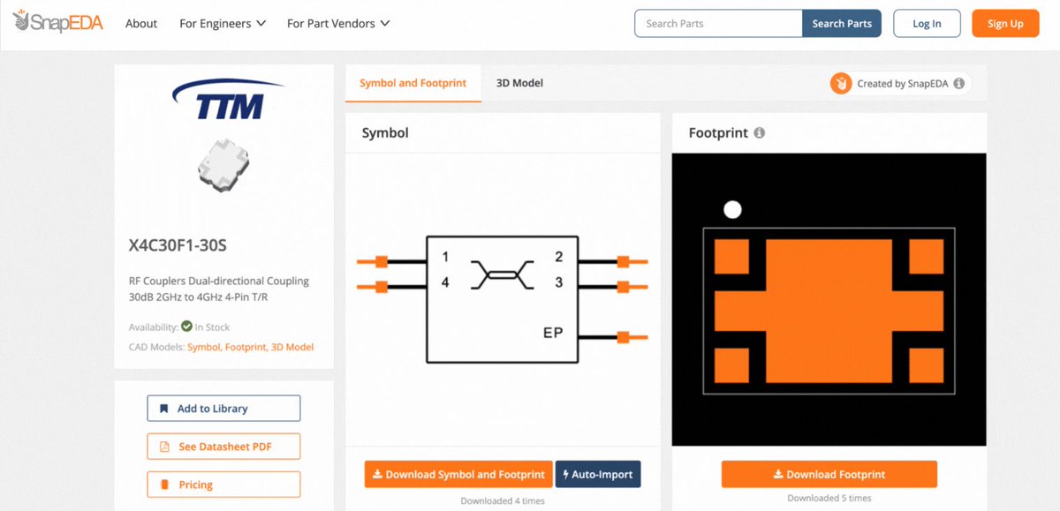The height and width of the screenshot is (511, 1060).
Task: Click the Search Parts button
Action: [x=841, y=24]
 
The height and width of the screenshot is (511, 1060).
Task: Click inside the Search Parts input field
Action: [x=718, y=24]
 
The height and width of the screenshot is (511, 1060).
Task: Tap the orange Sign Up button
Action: [x=1005, y=24]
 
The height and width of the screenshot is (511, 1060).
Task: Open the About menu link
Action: [x=141, y=24]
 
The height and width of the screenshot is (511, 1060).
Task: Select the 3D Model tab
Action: [x=519, y=83]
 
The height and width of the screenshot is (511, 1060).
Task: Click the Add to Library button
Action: [x=223, y=409]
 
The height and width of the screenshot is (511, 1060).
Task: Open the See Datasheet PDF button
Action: [x=223, y=447]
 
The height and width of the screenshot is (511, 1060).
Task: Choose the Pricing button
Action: [x=223, y=485]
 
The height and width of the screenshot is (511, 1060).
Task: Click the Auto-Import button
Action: [x=598, y=474]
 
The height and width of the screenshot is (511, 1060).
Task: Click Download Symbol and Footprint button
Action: [x=458, y=474]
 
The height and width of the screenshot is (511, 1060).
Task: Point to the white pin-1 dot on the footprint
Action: [x=732, y=209]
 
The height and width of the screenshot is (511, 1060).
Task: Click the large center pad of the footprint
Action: [x=829, y=311]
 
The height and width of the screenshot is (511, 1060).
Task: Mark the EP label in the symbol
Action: [x=553, y=333]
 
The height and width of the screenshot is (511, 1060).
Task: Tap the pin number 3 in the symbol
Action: [x=559, y=282]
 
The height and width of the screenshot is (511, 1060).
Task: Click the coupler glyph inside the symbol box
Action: [x=503, y=274]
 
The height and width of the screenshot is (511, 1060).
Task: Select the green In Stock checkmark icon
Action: [x=187, y=327]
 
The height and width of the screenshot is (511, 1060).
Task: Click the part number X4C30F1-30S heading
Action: [x=178, y=245]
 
